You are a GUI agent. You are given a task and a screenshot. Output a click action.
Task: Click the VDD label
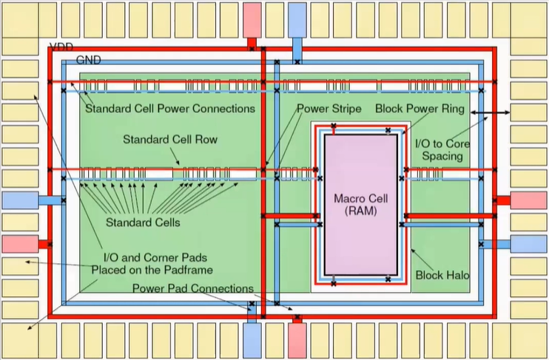pos(61,47)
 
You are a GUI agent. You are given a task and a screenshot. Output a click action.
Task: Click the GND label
pos(88,60)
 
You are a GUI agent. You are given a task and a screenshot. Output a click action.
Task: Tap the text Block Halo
pos(440,274)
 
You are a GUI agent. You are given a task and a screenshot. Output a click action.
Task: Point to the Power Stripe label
pos(329,109)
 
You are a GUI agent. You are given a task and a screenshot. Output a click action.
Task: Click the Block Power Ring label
pos(420,109)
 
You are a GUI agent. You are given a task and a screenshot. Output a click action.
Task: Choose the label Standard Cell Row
pos(159,139)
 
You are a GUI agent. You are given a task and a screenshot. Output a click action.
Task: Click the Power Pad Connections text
pos(193,288)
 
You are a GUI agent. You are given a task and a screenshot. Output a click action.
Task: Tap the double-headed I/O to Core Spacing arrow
pos(489,113)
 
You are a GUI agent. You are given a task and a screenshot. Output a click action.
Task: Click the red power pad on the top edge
pos(252,18)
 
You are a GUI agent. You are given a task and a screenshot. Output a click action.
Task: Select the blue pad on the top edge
pos(297,18)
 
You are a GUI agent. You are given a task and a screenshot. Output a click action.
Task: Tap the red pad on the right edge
pos(528,200)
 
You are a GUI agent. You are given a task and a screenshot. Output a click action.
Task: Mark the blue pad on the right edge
pos(528,244)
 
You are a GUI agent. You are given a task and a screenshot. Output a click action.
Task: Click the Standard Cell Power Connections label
pos(170,109)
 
